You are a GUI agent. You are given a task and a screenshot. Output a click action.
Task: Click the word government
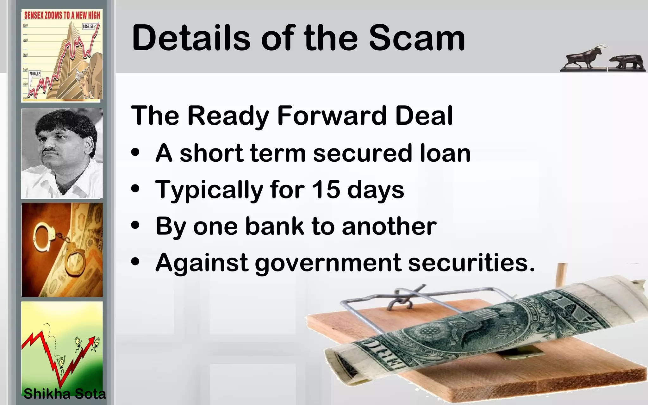[x=328, y=263]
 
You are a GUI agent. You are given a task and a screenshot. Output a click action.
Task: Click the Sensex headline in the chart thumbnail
[x=62, y=15]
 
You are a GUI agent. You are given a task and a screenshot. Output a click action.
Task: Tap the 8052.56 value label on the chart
[x=88, y=27]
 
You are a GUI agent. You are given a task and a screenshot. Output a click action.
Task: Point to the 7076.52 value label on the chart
[x=35, y=74]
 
